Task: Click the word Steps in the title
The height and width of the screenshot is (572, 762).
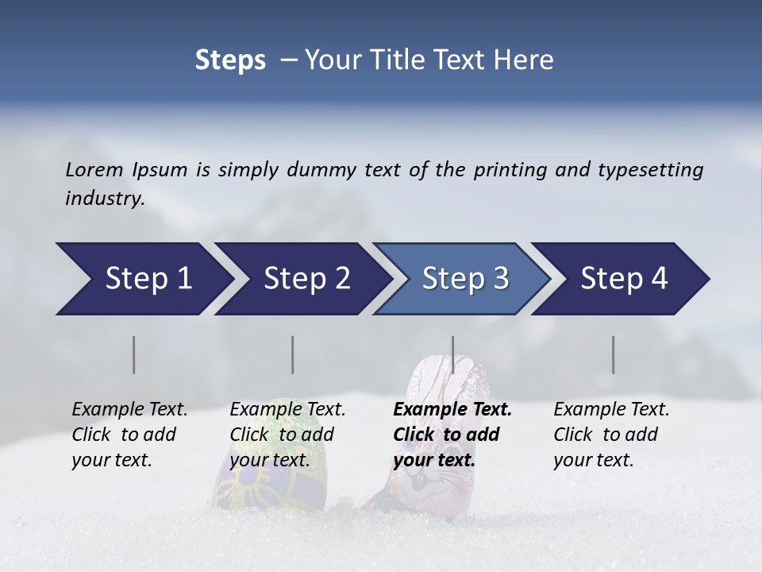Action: (230, 60)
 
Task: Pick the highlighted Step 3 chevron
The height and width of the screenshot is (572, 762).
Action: (462, 279)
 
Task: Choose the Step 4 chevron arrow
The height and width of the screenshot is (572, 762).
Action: (622, 279)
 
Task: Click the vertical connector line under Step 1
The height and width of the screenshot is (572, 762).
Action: (134, 354)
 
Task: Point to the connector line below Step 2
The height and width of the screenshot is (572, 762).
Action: (293, 354)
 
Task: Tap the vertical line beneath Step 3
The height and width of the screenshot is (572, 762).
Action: (453, 354)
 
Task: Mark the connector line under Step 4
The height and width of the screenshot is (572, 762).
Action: (614, 354)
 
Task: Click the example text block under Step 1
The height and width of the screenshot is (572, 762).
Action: (129, 435)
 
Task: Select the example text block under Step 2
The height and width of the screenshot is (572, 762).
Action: (287, 435)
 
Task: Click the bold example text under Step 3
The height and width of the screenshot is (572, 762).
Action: (452, 435)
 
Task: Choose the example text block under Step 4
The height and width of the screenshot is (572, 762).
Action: (611, 435)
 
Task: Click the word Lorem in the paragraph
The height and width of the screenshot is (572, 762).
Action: (94, 170)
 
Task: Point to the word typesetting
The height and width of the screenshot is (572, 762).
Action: (650, 170)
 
